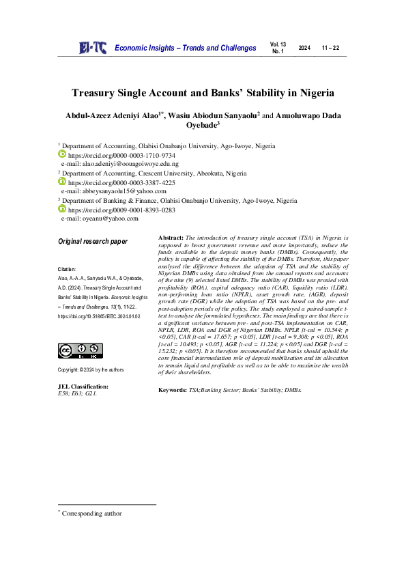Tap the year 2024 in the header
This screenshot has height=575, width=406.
pos(304,48)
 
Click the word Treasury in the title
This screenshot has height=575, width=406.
pos(96,93)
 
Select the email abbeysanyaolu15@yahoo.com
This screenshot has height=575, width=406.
pos(119,192)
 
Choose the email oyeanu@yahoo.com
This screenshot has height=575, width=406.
pos(100,219)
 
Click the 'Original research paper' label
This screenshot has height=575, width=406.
pos(93,242)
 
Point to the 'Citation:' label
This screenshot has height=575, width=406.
pos(67,270)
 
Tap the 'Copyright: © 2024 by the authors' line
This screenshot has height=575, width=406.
pos(91,369)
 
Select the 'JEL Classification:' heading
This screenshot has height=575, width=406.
pos(83,387)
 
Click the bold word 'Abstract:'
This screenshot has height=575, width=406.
pos(171,237)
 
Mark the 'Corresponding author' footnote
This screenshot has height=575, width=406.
pos(92,513)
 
